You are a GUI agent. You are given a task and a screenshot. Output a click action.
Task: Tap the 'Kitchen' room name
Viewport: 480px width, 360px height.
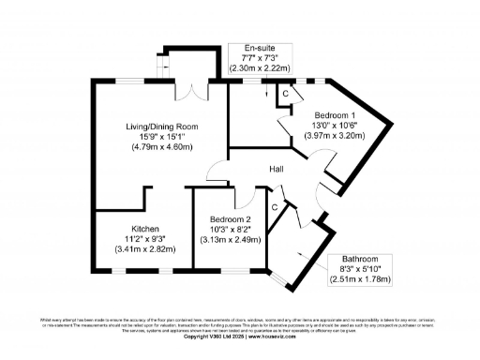click(x=145, y=229)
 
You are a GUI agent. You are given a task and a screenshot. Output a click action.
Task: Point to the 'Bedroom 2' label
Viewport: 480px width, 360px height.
click(x=230, y=218)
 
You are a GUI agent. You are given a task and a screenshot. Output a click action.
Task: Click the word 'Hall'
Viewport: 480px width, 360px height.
click(x=277, y=169)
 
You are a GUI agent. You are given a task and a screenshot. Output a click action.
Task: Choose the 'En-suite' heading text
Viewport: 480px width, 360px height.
click(x=262, y=48)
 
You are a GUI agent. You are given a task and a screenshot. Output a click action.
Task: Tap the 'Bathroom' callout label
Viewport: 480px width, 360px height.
click(x=360, y=258)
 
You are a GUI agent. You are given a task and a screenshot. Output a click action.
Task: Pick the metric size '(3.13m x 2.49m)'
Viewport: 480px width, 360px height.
click(x=230, y=239)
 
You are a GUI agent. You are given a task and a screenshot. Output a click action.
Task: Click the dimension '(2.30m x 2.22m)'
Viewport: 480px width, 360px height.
click(x=262, y=68)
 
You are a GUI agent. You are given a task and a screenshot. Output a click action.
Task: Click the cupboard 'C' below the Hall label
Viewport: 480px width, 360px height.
click(x=274, y=205)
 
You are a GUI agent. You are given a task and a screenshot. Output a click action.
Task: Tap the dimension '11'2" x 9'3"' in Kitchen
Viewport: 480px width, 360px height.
click(x=145, y=239)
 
